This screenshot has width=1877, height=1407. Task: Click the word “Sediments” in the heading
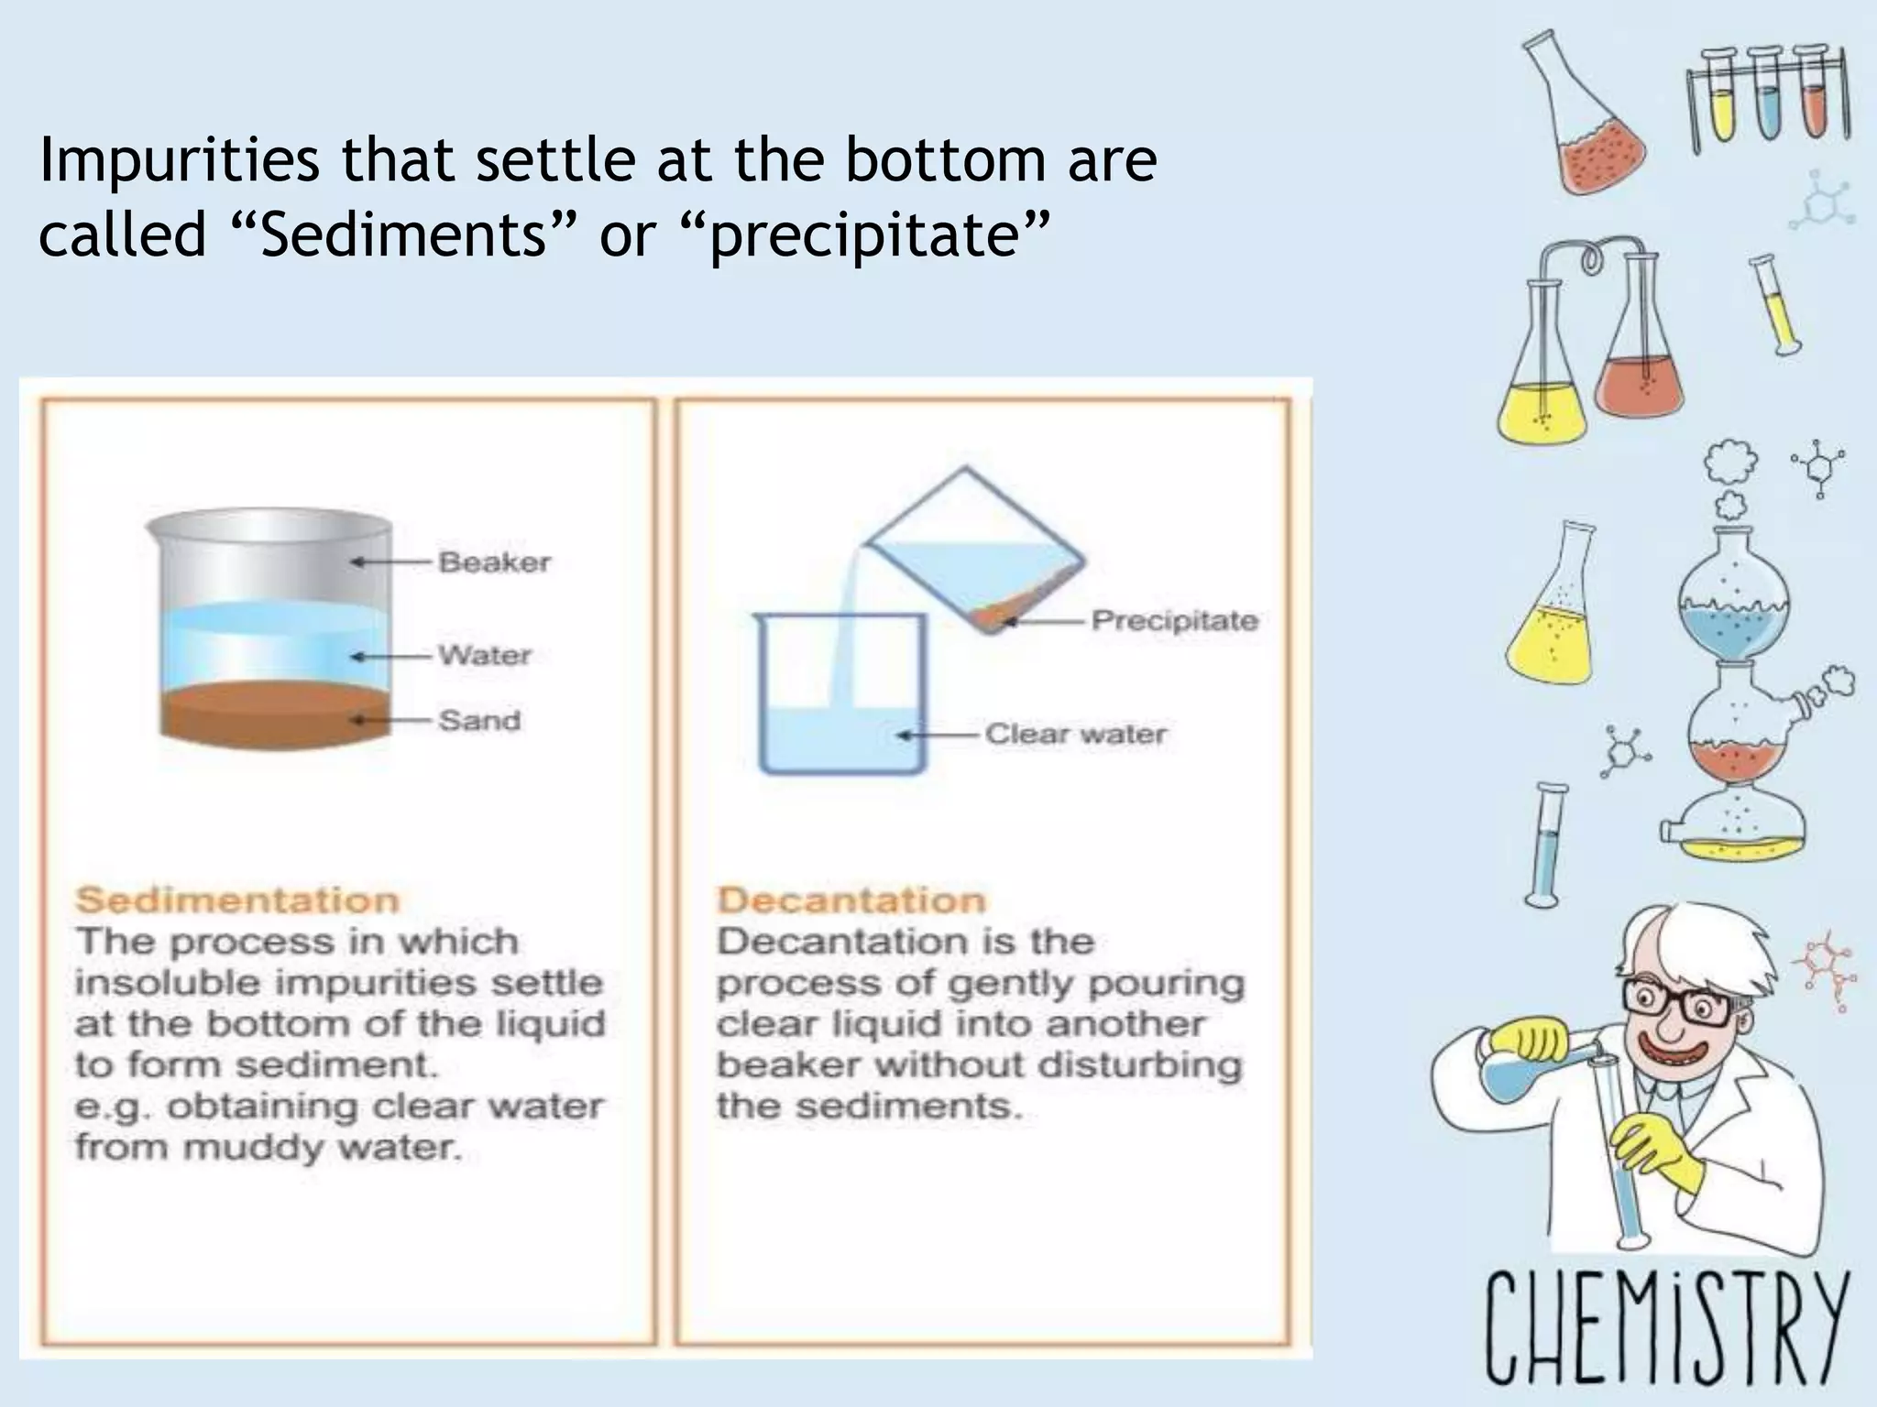pos(403,234)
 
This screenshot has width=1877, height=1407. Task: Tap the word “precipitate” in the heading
pos(865,236)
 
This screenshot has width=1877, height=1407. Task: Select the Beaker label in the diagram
pos(494,562)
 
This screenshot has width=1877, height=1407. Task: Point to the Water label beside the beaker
pos(484,655)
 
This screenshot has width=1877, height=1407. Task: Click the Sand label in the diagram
pos(478,720)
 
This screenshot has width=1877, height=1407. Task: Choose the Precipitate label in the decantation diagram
pos(1174,621)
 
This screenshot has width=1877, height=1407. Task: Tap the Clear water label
pos(1075,734)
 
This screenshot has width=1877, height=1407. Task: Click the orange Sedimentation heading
pos(236,900)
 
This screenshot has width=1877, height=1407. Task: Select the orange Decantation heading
pos(851,900)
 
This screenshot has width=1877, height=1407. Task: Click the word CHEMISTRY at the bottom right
pos(1663,1325)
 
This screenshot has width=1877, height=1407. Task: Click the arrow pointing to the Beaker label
pos(390,562)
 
